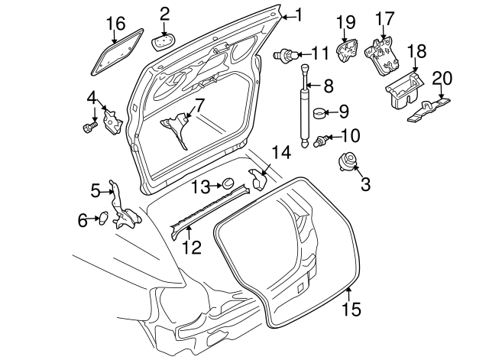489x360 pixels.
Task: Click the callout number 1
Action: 298,15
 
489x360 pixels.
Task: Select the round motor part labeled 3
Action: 348,162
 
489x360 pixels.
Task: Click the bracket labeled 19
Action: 348,51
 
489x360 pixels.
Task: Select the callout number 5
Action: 96,190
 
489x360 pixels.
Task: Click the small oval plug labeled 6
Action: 102,220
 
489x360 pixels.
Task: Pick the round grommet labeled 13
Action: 227,183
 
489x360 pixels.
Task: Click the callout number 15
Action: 351,310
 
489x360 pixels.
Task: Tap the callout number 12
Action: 192,247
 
